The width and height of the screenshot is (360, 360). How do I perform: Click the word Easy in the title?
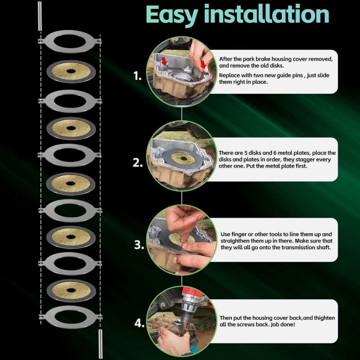tap(172, 15)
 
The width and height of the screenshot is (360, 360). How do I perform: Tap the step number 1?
tap(138, 76)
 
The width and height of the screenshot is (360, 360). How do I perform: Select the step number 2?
tap(138, 163)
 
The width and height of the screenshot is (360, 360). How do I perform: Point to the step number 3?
tap(139, 245)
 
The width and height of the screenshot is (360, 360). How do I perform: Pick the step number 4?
tap(140, 323)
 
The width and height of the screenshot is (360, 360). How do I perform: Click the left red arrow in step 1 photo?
tap(164, 61)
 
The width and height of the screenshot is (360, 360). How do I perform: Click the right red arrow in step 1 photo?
tap(203, 64)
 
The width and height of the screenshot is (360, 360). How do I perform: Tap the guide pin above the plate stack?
tap(40, 16)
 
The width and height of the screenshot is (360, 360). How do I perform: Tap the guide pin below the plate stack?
tap(100, 344)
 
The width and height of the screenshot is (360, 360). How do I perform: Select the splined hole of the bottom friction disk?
tap(71, 290)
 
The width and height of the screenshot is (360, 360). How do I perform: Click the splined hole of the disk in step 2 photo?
tap(184, 158)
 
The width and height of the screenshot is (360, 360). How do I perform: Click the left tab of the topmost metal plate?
tap(41, 41)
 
